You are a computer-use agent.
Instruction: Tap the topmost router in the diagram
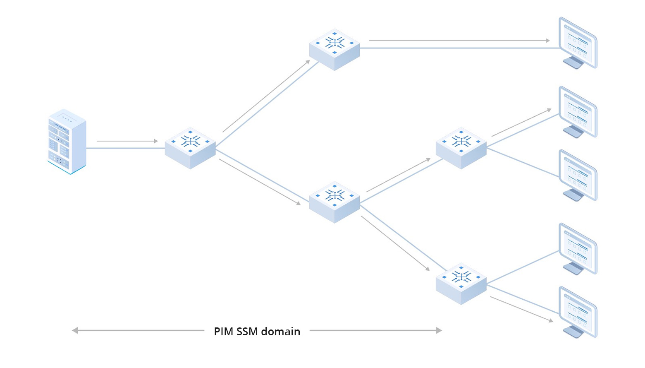[334, 49]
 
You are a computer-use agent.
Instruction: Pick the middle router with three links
[334, 202]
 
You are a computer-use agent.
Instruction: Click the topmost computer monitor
[578, 41]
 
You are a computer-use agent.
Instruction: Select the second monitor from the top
[578, 111]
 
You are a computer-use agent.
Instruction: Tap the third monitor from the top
[578, 174]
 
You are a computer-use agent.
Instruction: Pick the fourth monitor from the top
[578, 248]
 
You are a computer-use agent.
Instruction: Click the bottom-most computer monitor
[578, 311]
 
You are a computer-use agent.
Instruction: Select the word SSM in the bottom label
[247, 332]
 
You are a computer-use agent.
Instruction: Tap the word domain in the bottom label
[281, 332]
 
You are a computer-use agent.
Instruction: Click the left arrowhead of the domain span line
[75, 330]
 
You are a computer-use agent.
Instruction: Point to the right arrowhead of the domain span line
[439, 330]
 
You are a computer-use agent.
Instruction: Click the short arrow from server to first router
[127, 141]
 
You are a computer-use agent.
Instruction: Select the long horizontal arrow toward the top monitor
[459, 41]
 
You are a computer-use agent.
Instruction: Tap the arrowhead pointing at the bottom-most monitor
[551, 320]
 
